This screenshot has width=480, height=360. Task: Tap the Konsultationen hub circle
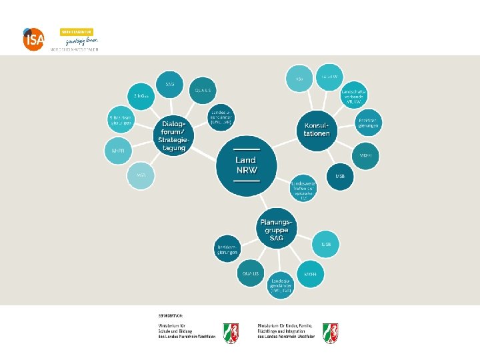[x=317, y=129]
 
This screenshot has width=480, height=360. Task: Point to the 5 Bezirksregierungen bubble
[x=122, y=121]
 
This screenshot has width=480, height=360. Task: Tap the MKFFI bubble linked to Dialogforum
[x=118, y=151]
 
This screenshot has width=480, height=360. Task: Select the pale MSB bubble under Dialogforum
[x=141, y=175]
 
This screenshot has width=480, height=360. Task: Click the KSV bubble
[x=299, y=79]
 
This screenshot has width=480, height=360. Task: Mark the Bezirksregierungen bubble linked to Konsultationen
[x=369, y=124]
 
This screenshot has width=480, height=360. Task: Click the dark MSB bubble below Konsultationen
[x=340, y=177]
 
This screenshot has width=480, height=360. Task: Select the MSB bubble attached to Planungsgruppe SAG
[x=326, y=245]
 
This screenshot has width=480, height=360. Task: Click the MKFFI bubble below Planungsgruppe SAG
[x=310, y=274]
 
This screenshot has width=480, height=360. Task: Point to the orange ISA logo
[x=33, y=40]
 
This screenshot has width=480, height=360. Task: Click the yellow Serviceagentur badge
[x=77, y=31]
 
